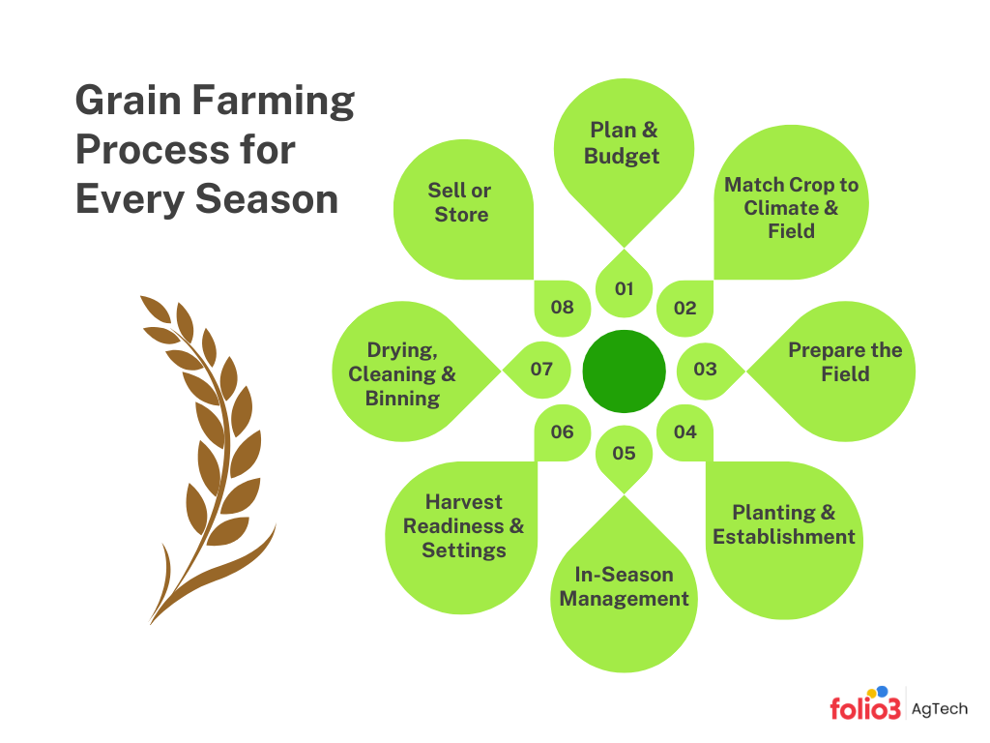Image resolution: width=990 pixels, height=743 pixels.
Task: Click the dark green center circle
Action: pyautogui.click(x=625, y=371)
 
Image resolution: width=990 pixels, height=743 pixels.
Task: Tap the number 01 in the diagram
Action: pyautogui.click(x=624, y=288)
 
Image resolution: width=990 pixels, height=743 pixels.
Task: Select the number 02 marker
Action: pyautogui.click(x=684, y=309)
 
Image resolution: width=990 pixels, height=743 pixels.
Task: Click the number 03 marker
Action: pyautogui.click(x=705, y=369)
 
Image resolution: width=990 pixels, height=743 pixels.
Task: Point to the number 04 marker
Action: pyautogui.click(x=684, y=431)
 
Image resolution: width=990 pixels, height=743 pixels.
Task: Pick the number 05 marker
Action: pyautogui.click(x=624, y=453)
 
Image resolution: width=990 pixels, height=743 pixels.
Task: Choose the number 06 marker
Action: pyautogui.click(x=563, y=431)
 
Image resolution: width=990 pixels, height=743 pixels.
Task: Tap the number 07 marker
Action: pyautogui.click(x=541, y=369)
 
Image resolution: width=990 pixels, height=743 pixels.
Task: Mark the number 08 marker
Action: pyautogui.click(x=563, y=308)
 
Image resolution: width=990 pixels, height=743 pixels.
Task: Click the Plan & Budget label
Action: pyautogui.click(x=624, y=143)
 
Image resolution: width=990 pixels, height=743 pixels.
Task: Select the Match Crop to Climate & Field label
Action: pyautogui.click(x=791, y=208)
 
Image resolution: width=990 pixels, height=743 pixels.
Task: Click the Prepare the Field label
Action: pyautogui.click(x=845, y=362)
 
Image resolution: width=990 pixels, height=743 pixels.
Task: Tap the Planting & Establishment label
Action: pyautogui.click(x=784, y=524)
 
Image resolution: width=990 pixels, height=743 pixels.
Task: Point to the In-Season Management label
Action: pyautogui.click(x=624, y=586)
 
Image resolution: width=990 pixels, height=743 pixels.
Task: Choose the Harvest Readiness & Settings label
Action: pyautogui.click(x=464, y=526)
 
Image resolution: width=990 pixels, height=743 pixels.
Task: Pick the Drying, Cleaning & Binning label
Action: pyautogui.click(x=401, y=373)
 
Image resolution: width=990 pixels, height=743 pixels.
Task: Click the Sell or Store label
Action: pyautogui.click(x=461, y=202)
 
